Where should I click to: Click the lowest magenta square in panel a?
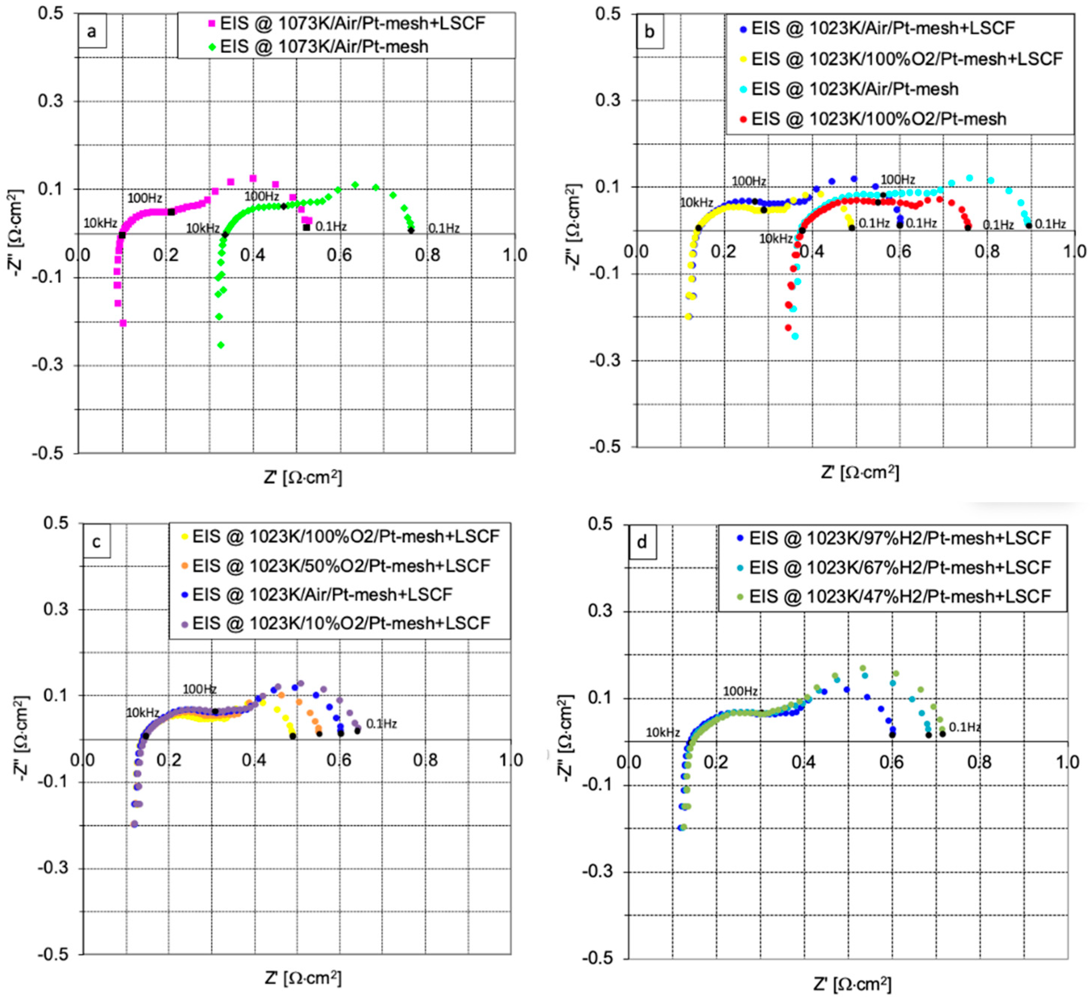pyautogui.click(x=123, y=323)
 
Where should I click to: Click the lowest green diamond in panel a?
pyautogui.click(x=221, y=345)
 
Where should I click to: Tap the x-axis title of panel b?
pyautogui.click(x=860, y=472)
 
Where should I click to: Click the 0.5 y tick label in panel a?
pyautogui.click(x=50, y=13)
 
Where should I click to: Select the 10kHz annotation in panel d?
pyautogui.click(x=662, y=733)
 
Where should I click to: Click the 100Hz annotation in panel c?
pyautogui.click(x=199, y=689)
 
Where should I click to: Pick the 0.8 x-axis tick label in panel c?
pyautogui.click(x=425, y=760)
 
